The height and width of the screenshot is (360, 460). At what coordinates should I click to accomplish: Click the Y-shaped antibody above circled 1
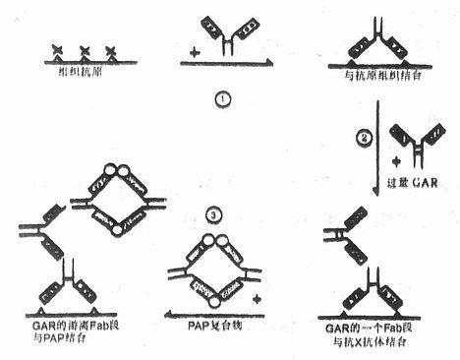point(227,40)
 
